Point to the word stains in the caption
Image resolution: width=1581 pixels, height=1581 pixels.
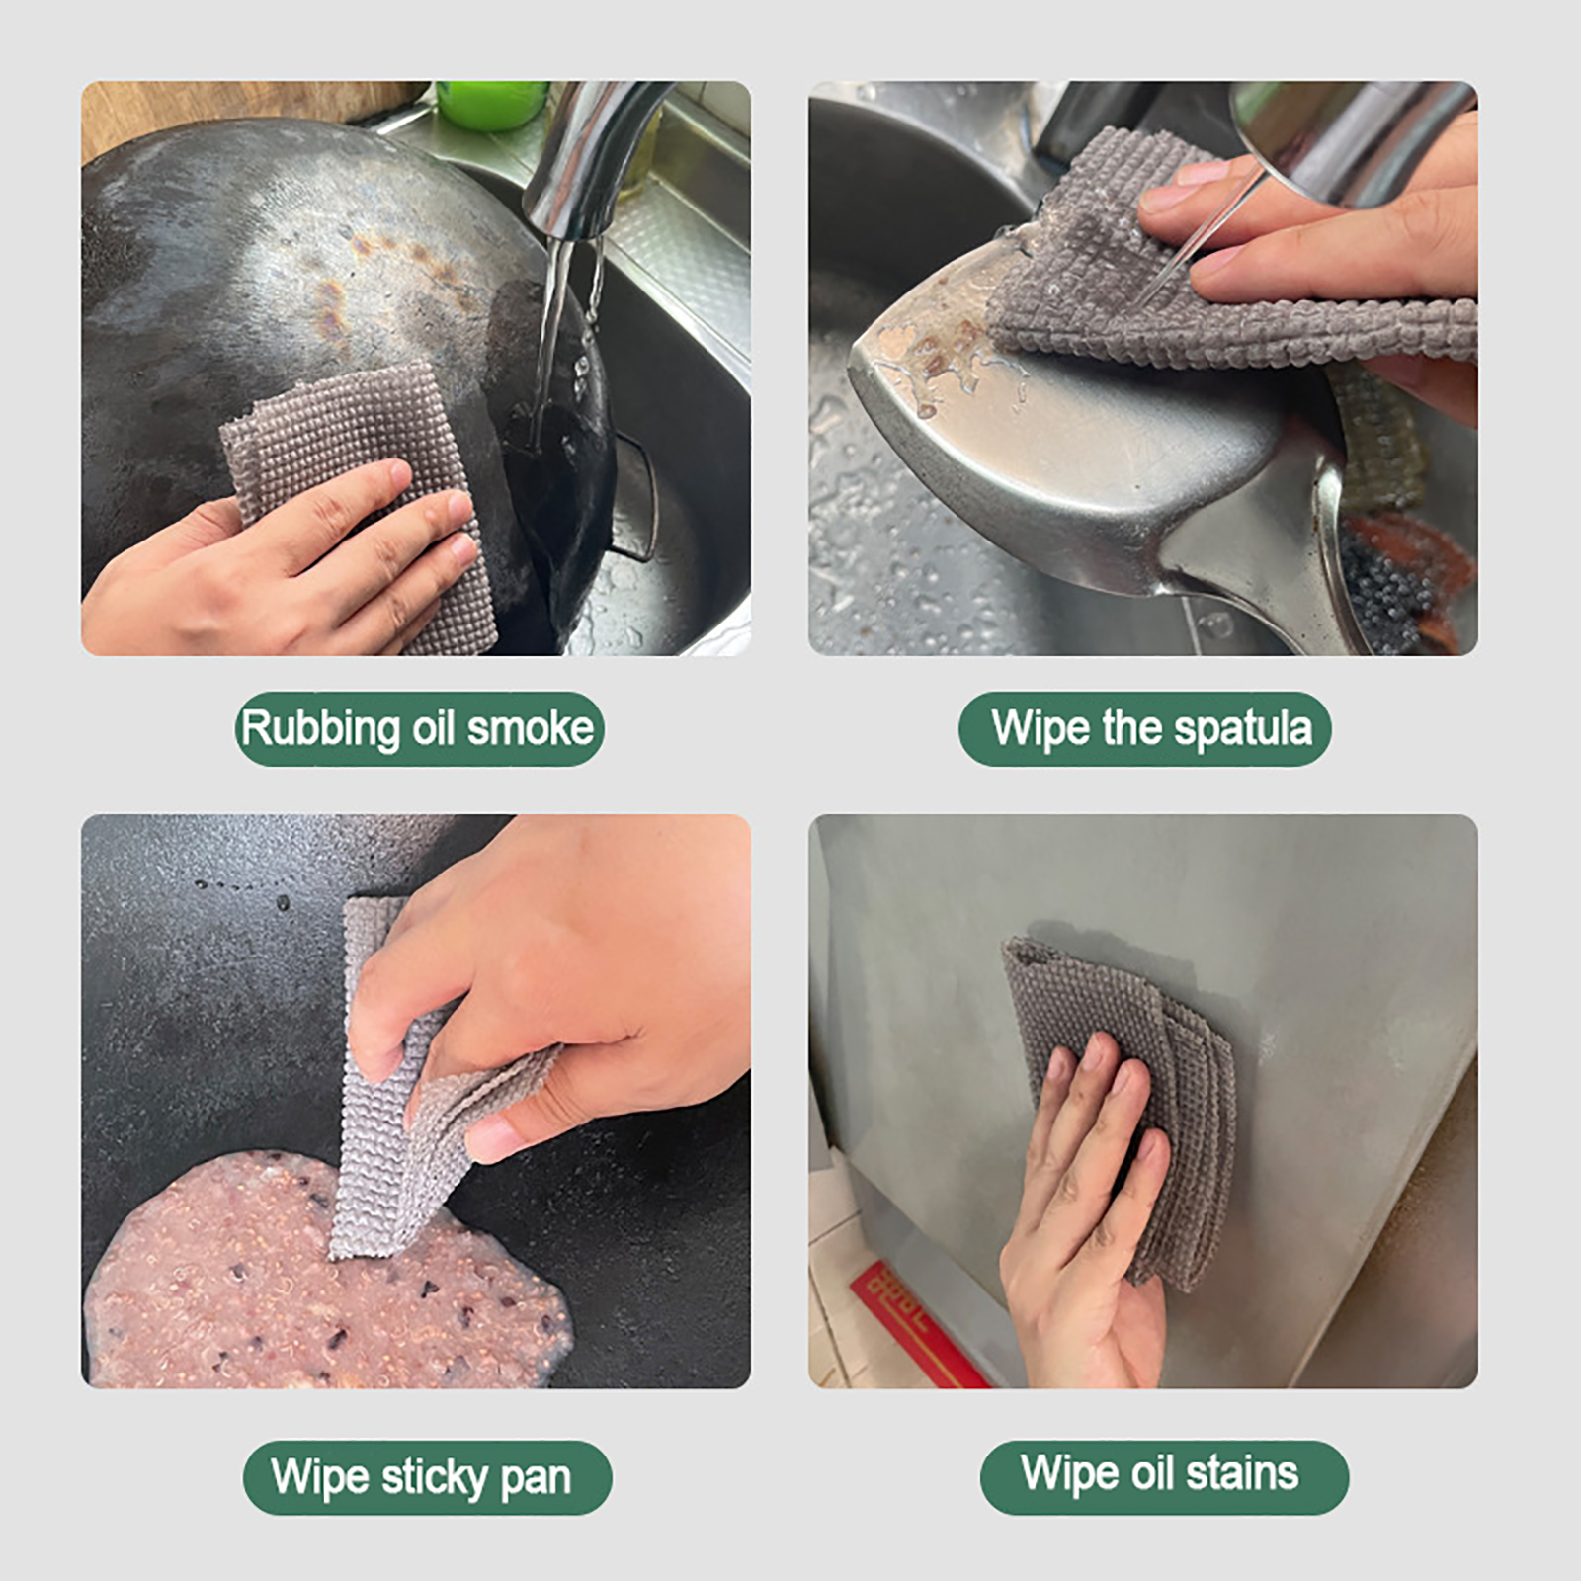pyautogui.click(x=1242, y=1472)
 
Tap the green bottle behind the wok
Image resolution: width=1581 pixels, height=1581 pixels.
pyautogui.click(x=491, y=104)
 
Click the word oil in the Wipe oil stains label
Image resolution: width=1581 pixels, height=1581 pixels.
pyautogui.click(x=1152, y=1472)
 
